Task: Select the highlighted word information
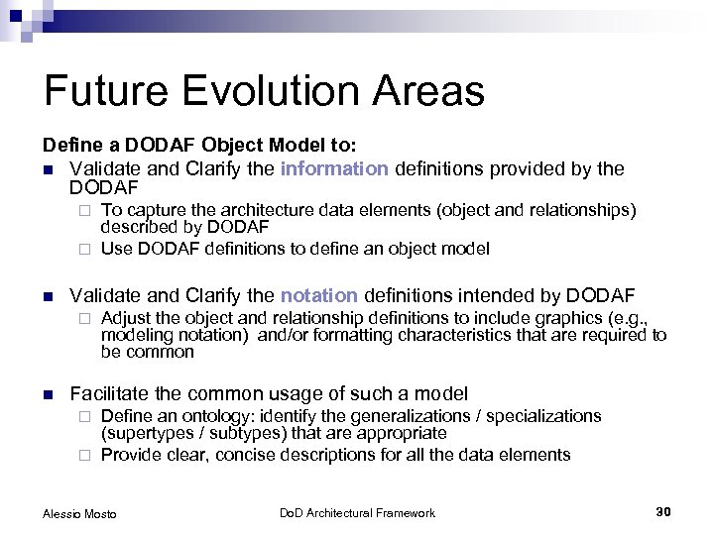pyautogui.click(x=334, y=168)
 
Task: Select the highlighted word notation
pyautogui.click(x=318, y=294)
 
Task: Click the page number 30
pyautogui.click(x=663, y=511)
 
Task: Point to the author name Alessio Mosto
pyautogui.click(x=79, y=513)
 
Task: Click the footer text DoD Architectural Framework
pyautogui.click(x=356, y=512)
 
